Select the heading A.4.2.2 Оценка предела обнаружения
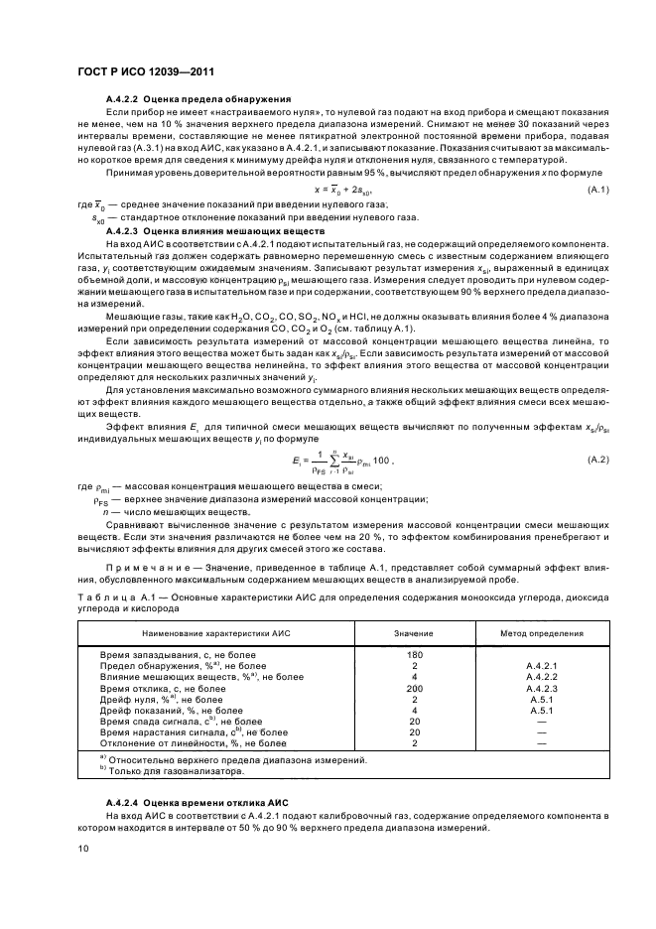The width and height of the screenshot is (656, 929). coord(197,100)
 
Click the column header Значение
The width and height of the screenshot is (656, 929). coord(415,631)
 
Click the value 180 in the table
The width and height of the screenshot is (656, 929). coord(415,655)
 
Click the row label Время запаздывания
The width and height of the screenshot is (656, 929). coord(148,655)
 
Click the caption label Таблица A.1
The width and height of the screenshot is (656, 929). coord(104,596)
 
